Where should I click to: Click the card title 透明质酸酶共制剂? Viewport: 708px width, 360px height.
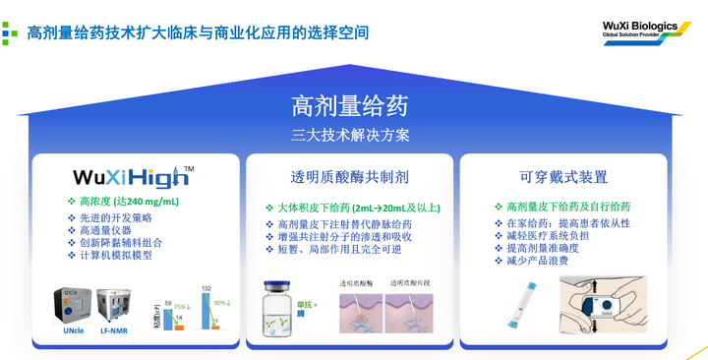tap(349, 177)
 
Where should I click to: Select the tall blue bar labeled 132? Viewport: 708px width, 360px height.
tap(207, 314)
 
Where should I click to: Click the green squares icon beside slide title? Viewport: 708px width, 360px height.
tap(10, 32)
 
